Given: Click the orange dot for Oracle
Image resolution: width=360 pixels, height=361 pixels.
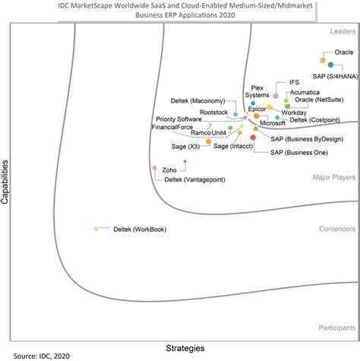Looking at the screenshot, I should coord(323,59).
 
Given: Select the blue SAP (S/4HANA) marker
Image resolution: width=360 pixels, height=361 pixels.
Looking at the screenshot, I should coord(330,65).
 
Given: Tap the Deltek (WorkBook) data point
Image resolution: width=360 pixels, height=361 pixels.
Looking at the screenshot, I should coord(96,229).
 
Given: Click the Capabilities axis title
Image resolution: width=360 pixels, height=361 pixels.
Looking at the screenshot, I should coord(6,182).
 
